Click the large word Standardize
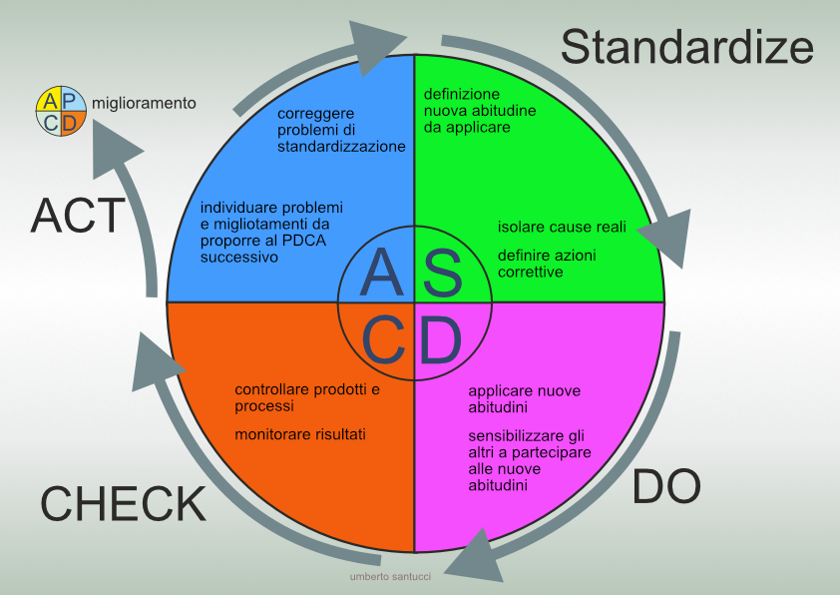(687, 47)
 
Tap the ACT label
(78, 215)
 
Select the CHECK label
(123, 503)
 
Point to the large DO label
(666, 486)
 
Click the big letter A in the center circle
(380, 272)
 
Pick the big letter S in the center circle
(443, 273)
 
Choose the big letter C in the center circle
(382, 341)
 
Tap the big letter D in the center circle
(440, 341)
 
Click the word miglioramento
(144, 103)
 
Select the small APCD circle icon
(61, 111)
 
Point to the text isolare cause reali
(562, 227)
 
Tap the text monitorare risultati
(300, 434)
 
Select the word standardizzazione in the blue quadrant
(341, 146)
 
